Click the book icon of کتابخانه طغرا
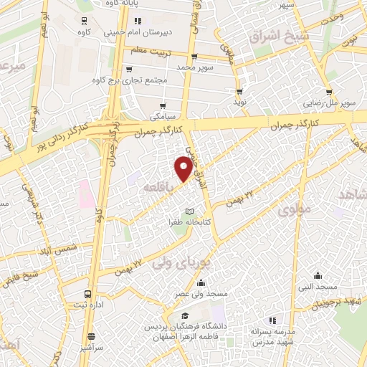point(189,211)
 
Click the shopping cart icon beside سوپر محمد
point(194,57)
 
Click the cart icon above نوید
point(239,92)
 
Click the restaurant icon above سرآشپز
point(91,335)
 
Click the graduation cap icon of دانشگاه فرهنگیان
point(185,316)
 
